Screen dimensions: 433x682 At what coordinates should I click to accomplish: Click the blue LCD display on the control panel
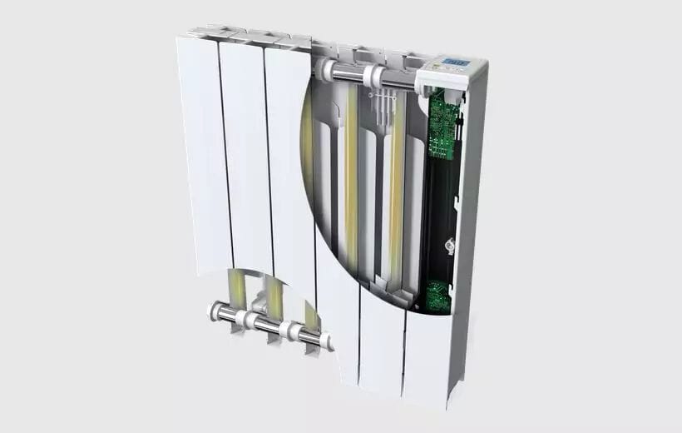pos(453,62)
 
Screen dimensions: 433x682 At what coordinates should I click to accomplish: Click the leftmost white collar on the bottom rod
pos(219,311)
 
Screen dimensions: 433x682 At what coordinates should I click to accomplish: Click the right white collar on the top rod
pos(377,77)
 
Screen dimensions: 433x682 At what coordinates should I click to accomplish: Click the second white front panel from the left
pos(246,158)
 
